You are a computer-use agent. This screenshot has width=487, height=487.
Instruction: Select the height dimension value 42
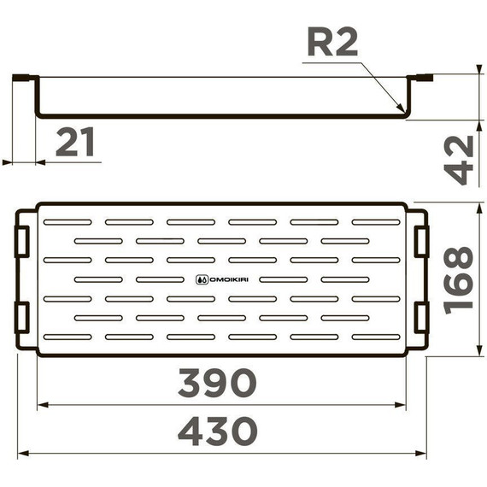click(461, 159)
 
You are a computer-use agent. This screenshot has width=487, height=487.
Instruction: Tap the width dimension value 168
click(461, 279)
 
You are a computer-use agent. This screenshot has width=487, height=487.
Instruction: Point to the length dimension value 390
click(217, 383)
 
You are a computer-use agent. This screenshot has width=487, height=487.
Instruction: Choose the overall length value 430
click(217, 431)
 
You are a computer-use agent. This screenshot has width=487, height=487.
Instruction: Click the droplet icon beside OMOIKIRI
click(201, 279)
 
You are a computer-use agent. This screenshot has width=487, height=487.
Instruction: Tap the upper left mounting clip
click(23, 241)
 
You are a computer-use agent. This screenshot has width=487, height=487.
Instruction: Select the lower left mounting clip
click(23, 316)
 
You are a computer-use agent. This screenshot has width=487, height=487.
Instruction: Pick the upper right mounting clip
click(420, 241)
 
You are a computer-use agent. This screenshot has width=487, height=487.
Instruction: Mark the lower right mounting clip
click(420, 316)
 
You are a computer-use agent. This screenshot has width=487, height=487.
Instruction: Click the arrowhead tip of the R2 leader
click(403, 112)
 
